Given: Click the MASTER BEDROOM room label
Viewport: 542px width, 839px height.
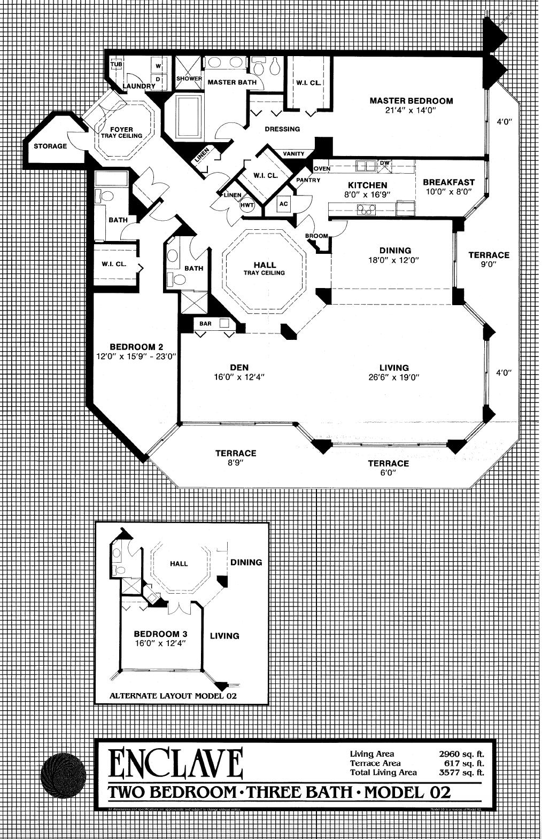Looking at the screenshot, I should (411, 100).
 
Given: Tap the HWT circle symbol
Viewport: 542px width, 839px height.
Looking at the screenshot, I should (247, 205).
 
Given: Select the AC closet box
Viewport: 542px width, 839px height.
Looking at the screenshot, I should (283, 204).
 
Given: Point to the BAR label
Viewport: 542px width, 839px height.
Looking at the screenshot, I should (205, 324).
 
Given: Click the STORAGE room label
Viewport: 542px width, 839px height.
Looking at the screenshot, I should (50, 146).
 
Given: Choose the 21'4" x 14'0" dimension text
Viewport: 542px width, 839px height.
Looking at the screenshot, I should (411, 111).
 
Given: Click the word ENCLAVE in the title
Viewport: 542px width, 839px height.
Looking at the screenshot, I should (176, 763).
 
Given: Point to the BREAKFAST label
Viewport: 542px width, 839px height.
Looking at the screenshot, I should (448, 182).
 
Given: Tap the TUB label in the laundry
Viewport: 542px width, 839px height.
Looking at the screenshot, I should (116, 65).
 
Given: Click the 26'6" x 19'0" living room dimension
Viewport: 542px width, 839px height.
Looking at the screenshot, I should (394, 377).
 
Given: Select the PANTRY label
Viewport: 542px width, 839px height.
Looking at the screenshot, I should (308, 181).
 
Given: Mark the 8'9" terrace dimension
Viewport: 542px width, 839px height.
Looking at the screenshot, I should (236, 463).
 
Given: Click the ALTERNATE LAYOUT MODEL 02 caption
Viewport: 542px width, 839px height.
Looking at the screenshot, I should (173, 696).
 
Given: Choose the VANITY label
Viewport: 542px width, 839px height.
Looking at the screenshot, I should (293, 154).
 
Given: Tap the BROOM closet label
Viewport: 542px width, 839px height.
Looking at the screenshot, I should (316, 236).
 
